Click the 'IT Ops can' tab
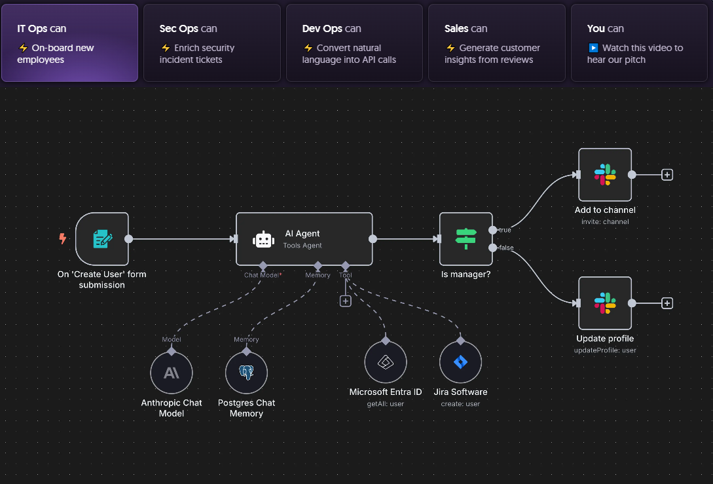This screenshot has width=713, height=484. [x=69, y=43]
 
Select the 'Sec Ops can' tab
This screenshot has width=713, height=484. [x=212, y=43]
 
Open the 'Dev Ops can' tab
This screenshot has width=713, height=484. [x=354, y=43]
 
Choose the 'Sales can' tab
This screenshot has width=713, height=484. [x=496, y=43]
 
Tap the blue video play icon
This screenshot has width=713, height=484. [x=593, y=48]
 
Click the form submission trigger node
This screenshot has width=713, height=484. [x=102, y=239]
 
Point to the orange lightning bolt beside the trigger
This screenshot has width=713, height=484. [x=63, y=238]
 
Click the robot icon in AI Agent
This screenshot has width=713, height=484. [x=264, y=239]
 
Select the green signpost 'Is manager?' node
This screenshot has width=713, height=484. [x=466, y=239]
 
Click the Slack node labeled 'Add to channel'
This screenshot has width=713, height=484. [x=605, y=175]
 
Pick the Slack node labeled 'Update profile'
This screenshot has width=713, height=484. [x=605, y=303]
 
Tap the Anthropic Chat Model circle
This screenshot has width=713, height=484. [x=172, y=373]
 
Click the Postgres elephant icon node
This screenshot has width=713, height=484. [x=246, y=373]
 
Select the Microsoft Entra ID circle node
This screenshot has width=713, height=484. [x=386, y=362]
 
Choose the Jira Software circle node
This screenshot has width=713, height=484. [x=461, y=362]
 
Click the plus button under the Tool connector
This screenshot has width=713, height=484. [x=346, y=301]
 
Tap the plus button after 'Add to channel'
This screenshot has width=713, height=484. [x=667, y=175]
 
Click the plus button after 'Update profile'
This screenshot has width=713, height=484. [x=667, y=303]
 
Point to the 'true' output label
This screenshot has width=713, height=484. [x=505, y=230]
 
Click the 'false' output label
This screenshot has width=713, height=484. [x=506, y=248]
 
